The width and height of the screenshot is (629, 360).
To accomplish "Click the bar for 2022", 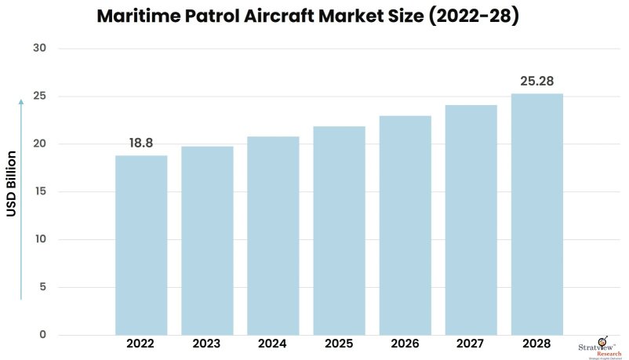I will pyautogui.click(x=141, y=245).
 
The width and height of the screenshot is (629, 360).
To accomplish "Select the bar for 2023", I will pyautogui.click(x=207, y=240).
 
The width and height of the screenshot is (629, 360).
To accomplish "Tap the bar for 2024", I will pyautogui.click(x=273, y=235).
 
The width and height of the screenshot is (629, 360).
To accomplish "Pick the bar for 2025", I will pyautogui.click(x=339, y=231).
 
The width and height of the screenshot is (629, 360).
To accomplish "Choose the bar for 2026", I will pyautogui.click(x=405, y=225).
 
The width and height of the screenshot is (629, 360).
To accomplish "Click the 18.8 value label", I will pyautogui.click(x=142, y=144).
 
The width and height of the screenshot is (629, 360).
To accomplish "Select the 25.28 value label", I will pyautogui.click(x=537, y=81).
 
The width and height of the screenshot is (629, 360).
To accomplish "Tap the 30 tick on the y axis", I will pyautogui.click(x=40, y=49).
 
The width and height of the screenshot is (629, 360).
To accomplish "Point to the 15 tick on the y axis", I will pyautogui.click(x=40, y=192).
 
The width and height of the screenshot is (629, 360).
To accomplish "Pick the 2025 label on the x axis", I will pyautogui.click(x=339, y=344).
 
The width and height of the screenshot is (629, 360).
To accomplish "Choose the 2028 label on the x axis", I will pyautogui.click(x=536, y=344).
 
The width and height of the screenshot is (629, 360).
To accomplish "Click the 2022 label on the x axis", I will pyautogui.click(x=141, y=344).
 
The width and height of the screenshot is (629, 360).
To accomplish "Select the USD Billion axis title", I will pyautogui.click(x=12, y=182).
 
